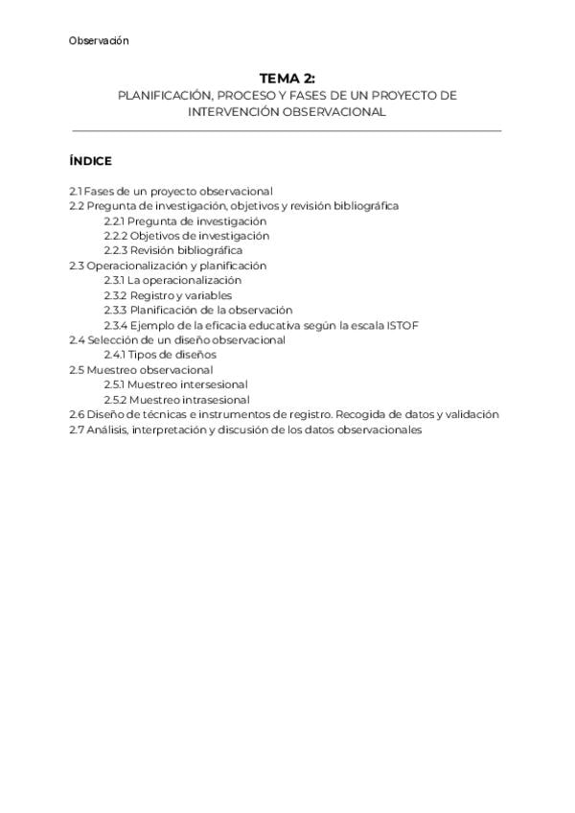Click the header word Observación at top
coord(99,41)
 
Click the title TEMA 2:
coord(287,79)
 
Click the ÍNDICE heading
coord(90,161)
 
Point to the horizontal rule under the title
coord(287,130)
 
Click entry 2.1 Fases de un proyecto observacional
coord(171,191)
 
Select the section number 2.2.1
coord(114,221)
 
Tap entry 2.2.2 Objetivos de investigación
coord(186,236)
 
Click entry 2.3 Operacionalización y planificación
coord(168,266)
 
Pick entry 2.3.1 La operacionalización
coord(172,280)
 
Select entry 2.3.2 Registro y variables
coord(168,295)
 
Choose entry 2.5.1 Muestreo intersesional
coord(175,384)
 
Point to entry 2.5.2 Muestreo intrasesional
coord(176,399)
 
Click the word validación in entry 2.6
coord(471,414)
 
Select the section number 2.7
coord(76,430)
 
